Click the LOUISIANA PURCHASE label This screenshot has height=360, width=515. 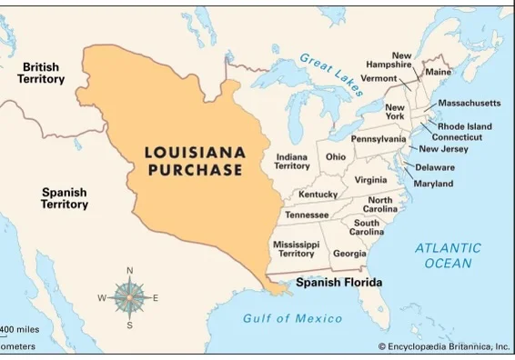194,161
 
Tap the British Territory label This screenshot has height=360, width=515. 41,74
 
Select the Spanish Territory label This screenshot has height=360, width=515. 65,198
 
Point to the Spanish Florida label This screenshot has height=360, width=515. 338,283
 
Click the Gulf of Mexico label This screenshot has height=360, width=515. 293,318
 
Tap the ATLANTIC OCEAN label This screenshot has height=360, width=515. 448,255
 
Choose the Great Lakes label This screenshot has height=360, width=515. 331,70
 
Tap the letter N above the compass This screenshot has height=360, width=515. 130,271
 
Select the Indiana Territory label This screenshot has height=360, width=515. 292,161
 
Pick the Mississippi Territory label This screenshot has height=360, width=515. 296,249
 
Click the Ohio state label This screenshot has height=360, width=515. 336,156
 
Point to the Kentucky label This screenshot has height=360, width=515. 318,195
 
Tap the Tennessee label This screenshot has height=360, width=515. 307,215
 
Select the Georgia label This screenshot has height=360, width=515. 349,254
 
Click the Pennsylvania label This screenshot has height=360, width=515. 379,139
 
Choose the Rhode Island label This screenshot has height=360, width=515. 464,126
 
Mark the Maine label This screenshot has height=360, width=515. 439,72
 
